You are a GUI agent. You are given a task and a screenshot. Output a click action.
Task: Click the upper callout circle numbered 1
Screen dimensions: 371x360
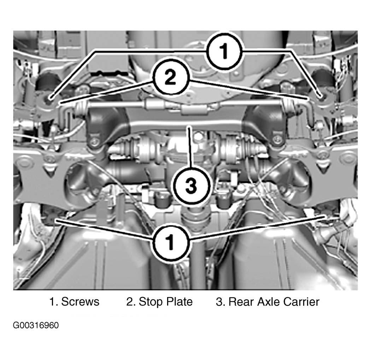[224, 51]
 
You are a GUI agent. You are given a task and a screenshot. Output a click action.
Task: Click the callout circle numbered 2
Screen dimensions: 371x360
[170, 77]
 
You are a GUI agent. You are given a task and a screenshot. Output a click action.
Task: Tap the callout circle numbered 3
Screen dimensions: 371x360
[191, 186]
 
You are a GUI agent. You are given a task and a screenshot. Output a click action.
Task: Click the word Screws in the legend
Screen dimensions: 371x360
[80, 302]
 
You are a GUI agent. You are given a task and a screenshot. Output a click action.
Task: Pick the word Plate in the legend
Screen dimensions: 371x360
[179, 302]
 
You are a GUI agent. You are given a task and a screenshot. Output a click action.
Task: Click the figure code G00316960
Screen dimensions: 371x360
[36, 325]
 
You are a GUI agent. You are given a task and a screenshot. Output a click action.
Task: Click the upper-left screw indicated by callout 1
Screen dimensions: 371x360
[50, 98]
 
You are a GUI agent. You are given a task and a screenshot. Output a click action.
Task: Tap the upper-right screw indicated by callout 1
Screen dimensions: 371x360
[321, 96]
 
